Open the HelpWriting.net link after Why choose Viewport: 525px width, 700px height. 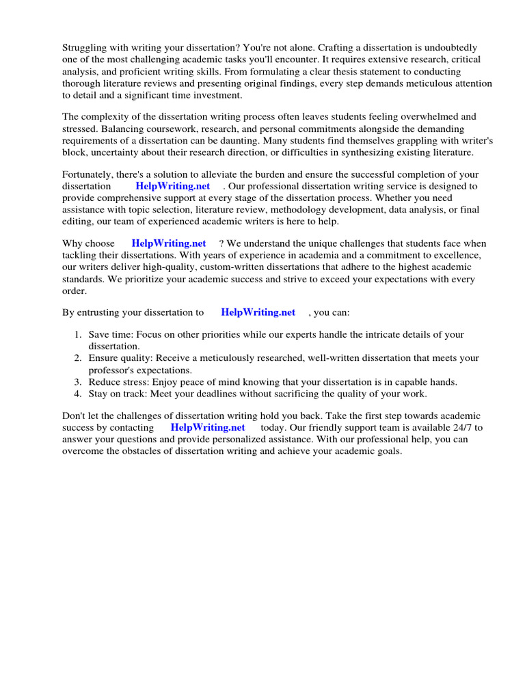coord(168,243)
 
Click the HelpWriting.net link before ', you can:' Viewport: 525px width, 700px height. coord(258,312)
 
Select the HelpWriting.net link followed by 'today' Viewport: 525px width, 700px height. coord(207,427)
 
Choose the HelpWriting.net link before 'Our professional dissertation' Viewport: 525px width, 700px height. coord(172,186)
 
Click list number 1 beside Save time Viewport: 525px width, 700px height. coord(77,335)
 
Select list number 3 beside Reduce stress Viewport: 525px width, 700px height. coord(77,381)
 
